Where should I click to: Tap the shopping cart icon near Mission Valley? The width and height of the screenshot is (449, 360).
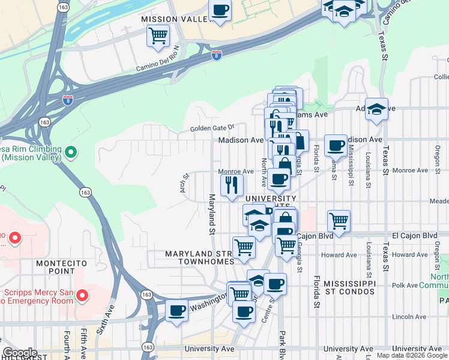[158, 35]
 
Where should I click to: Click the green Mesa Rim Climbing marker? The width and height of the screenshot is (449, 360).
[71, 153]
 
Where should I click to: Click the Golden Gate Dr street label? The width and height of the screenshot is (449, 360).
[211, 128]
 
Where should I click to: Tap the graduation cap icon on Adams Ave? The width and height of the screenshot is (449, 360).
[376, 109]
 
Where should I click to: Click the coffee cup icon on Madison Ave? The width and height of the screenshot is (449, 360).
[336, 145]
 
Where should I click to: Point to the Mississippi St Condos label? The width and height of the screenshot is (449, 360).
[349, 287]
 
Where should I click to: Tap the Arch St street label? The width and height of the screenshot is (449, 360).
[185, 180]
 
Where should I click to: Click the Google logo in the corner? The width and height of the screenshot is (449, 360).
[20, 353]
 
